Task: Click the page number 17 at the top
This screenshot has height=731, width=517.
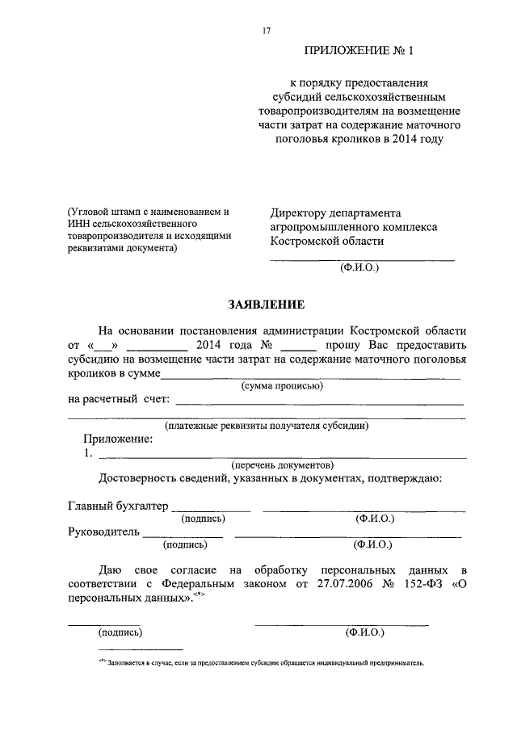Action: coord(266,31)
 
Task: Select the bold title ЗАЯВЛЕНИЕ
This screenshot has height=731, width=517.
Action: coord(266,305)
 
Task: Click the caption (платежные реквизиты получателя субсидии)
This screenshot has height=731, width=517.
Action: coord(267,425)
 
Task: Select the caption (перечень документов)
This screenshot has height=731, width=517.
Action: coord(281,466)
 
